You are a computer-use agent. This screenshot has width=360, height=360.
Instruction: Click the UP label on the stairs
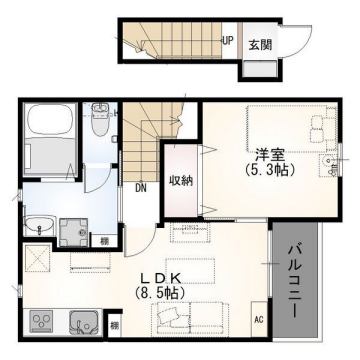[228, 42]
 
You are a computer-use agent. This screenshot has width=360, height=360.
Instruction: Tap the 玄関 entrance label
[259, 44]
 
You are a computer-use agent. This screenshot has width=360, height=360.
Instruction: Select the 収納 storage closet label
[180, 180]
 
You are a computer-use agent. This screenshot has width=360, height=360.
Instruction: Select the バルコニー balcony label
[296, 281]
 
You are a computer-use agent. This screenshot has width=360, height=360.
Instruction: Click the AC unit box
[257, 320]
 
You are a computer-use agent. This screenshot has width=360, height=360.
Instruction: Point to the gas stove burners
[44, 321]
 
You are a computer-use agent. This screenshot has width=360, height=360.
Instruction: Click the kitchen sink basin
[80, 321]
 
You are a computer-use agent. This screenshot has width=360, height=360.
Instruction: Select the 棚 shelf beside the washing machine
[105, 240]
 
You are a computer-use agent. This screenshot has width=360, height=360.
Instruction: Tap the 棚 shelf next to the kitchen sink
[114, 324]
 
